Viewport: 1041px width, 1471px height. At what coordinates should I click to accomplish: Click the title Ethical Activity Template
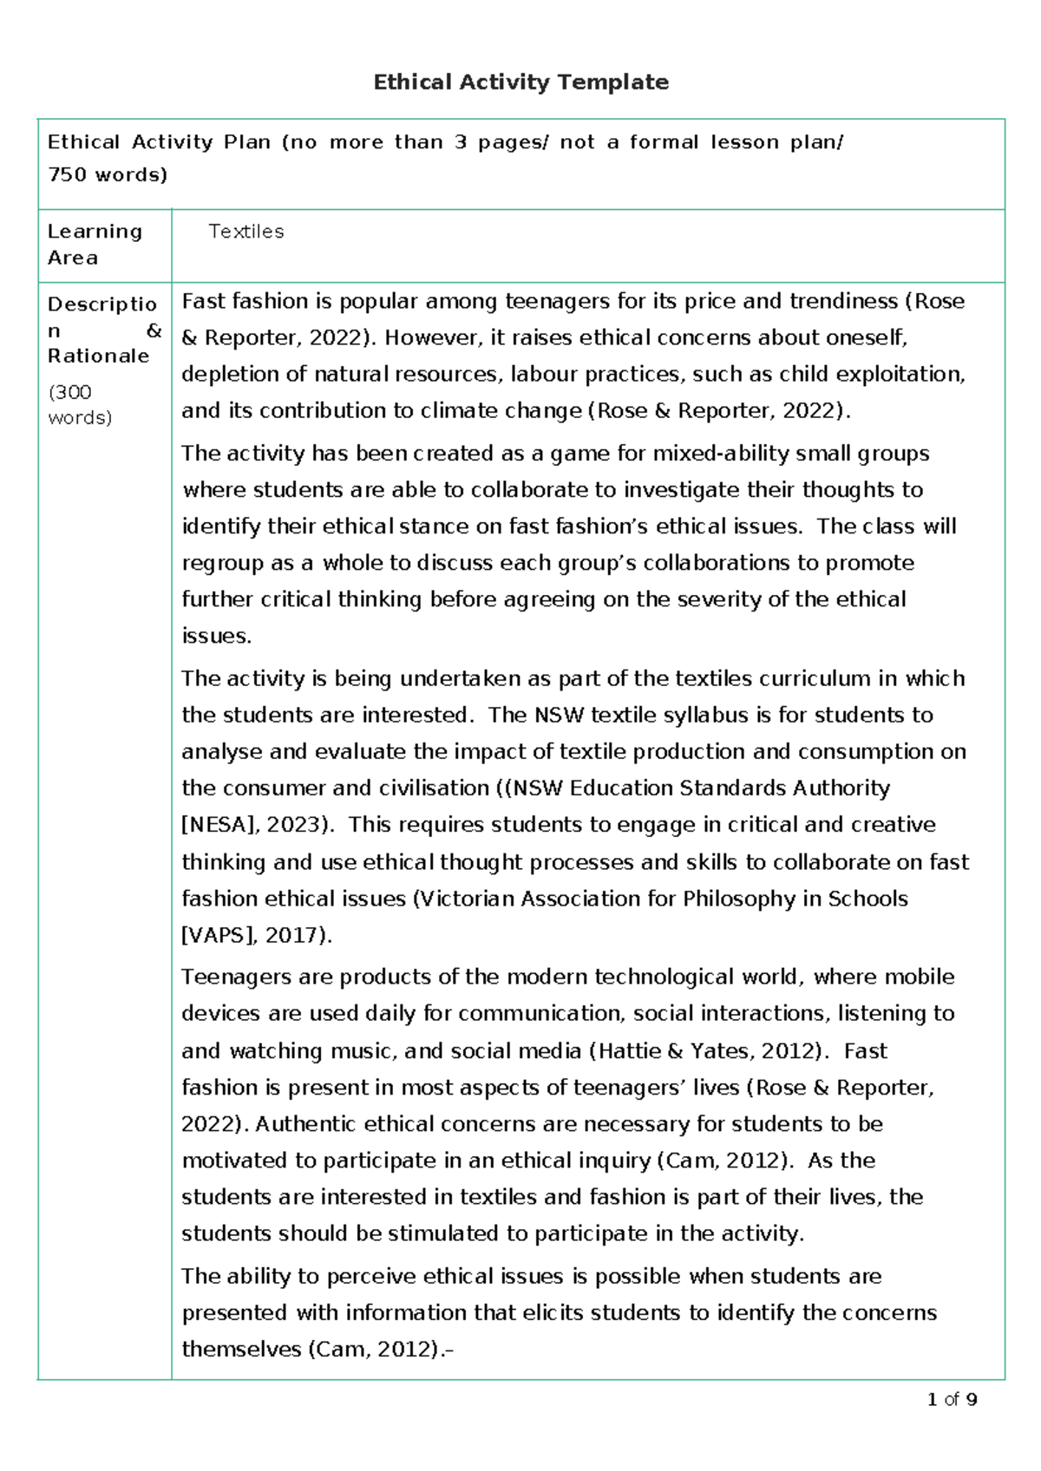[x=520, y=82]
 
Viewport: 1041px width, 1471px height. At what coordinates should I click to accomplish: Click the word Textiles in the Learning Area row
[x=246, y=232]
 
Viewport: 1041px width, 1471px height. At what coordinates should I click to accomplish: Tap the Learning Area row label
[x=95, y=245]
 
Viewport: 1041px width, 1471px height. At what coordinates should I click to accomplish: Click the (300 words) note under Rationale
[x=80, y=404]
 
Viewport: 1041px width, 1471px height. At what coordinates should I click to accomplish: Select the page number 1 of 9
[x=952, y=1399]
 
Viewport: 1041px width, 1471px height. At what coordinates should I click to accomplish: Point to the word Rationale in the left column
[x=98, y=356]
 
